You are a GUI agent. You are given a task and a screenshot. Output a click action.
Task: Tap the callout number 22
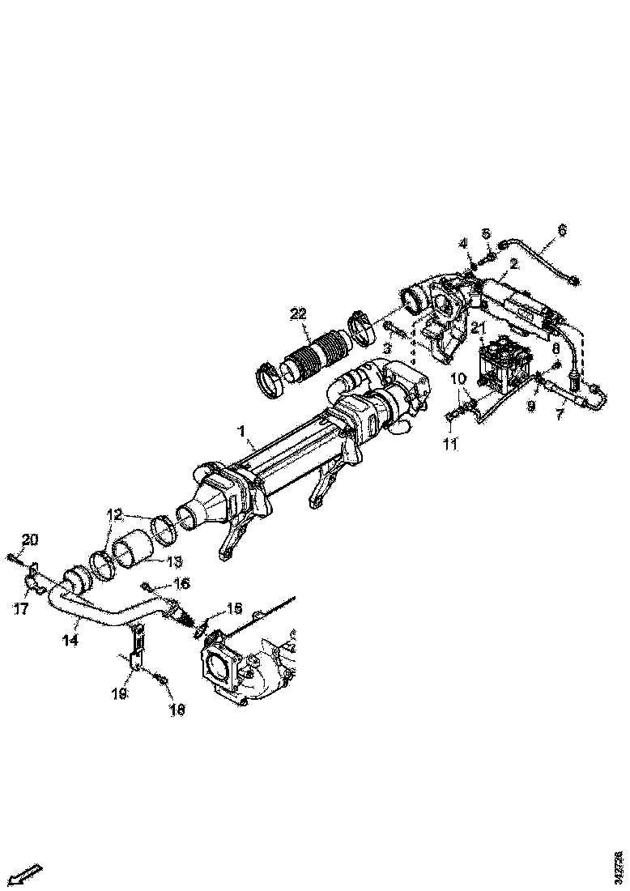[300, 313]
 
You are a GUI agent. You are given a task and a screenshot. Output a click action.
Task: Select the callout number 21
[479, 328]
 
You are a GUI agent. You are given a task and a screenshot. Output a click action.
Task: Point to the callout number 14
[70, 640]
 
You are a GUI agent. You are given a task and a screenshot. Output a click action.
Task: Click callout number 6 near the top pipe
[561, 230]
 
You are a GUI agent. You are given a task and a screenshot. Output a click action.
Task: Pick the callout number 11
[451, 444]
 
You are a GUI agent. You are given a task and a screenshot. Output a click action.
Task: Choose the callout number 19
[119, 693]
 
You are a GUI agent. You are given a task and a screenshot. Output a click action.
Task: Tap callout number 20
[29, 540]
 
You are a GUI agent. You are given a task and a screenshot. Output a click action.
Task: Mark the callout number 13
[172, 561]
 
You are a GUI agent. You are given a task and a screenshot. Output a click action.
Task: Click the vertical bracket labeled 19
[138, 649]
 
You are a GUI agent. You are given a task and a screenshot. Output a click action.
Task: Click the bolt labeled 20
[17, 556]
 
